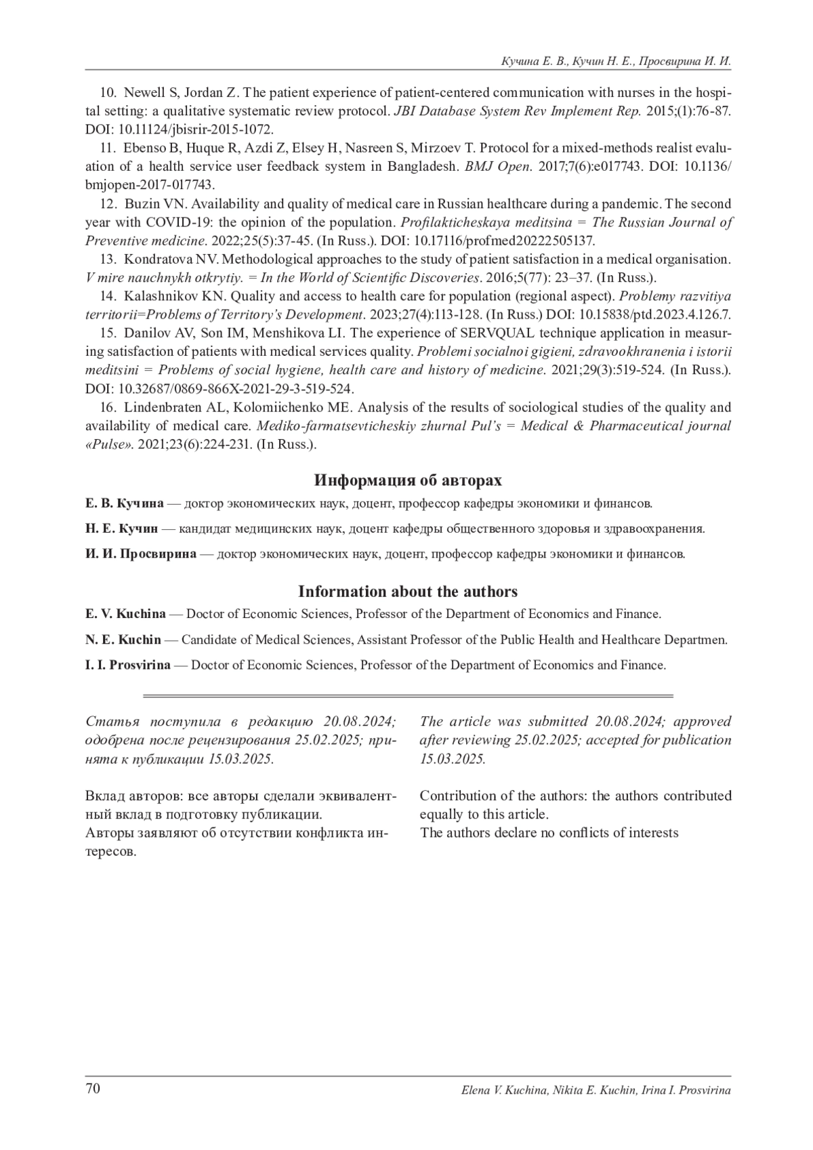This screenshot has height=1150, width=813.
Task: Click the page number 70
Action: pos(93,1089)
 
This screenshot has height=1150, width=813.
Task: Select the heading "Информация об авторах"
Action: pos(408,480)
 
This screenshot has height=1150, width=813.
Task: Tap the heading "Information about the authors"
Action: pos(408,592)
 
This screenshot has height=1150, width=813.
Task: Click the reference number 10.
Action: pos(108,93)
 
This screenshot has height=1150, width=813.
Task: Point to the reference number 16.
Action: pos(108,408)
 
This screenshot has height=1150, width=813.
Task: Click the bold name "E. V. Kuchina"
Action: pos(125,614)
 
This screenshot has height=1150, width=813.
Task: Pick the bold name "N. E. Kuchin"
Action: pos(123,640)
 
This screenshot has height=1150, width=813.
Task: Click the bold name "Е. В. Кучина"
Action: pos(125,504)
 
